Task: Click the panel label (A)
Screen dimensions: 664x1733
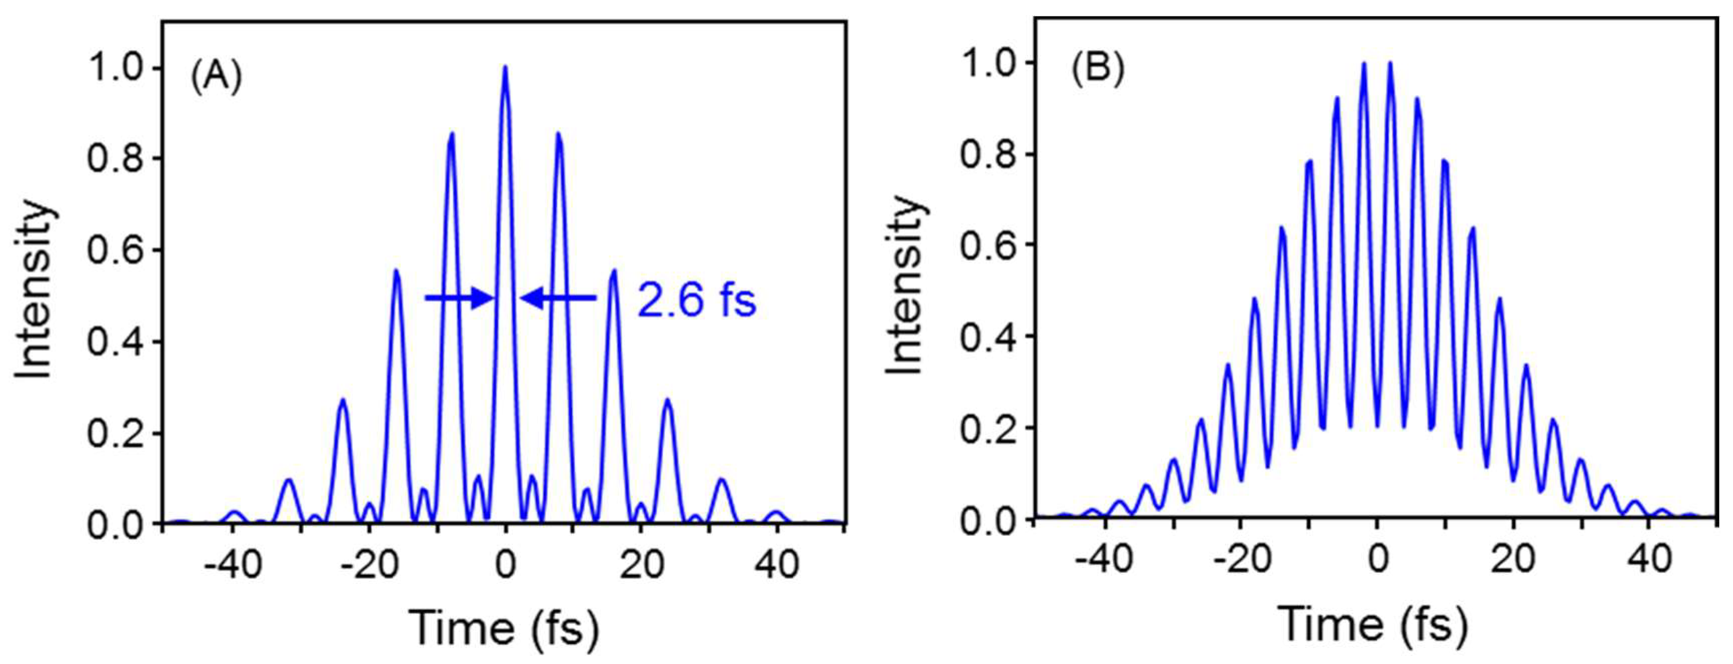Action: pos(216,78)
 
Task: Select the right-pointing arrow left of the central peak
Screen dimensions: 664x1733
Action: pos(460,297)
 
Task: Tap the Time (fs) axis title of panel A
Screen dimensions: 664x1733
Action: pos(503,627)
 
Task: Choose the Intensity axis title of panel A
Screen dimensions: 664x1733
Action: pos(35,289)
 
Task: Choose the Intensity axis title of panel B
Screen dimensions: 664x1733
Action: pos(906,285)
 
